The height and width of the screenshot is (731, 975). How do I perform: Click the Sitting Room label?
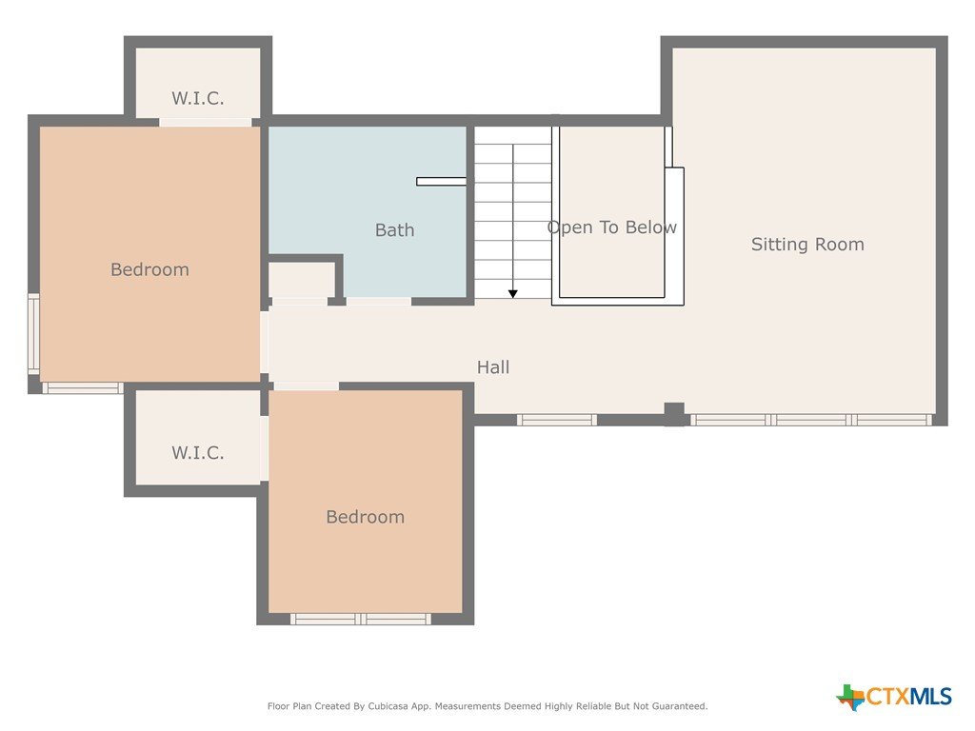pos(807,245)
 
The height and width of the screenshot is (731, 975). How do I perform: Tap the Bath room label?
pos(394,230)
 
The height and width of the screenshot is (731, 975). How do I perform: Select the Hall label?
pos(493,367)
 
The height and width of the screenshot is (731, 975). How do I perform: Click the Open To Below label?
pos(612,227)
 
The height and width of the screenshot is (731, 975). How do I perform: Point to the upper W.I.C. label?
pos(198,98)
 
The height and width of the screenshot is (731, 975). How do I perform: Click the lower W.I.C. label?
pos(198,452)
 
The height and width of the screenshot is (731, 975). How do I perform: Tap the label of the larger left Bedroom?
pos(149,269)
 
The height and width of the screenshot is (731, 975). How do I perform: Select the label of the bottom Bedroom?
pos(365,517)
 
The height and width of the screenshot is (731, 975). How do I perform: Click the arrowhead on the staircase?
pos(513,294)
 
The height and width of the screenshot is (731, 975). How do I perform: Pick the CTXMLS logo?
pos(893,697)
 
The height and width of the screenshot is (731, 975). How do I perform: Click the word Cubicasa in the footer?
pos(389,706)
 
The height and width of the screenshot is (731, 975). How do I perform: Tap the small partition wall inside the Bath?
pos(442,182)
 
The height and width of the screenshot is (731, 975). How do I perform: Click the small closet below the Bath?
pos(302,281)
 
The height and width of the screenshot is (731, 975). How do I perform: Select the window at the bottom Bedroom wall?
pos(361,619)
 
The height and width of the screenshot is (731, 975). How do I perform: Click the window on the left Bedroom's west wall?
pos(33,334)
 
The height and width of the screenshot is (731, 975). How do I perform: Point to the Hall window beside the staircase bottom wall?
pos(557,420)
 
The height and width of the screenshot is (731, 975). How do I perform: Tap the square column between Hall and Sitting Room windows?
pos(674,413)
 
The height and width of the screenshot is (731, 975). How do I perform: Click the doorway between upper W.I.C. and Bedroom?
pos(206,122)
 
